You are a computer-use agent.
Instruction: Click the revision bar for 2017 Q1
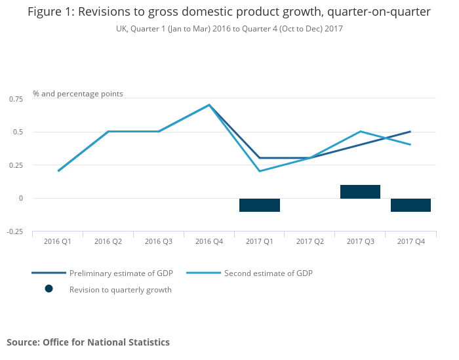[260, 205]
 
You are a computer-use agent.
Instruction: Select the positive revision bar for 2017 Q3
[360, 191]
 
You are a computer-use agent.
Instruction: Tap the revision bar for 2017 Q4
[410, 205]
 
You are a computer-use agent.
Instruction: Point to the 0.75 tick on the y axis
[16, 98]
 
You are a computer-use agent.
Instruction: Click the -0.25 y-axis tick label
[14, 231]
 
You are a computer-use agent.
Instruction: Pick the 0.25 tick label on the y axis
[16, 165]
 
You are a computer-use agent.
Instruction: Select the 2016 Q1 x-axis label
[58, 242]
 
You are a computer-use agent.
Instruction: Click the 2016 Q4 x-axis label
[209, 242]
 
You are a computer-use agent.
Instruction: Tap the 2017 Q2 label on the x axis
[310, 242]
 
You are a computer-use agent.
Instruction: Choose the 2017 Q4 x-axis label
[411, 242]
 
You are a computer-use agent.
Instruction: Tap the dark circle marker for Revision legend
[49, 289]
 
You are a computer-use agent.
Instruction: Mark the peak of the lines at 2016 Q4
[209, 105]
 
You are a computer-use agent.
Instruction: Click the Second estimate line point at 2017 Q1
[260, 171]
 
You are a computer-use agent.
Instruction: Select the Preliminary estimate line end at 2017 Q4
[410, 131]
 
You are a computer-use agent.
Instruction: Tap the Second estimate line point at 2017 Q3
[360, 131]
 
